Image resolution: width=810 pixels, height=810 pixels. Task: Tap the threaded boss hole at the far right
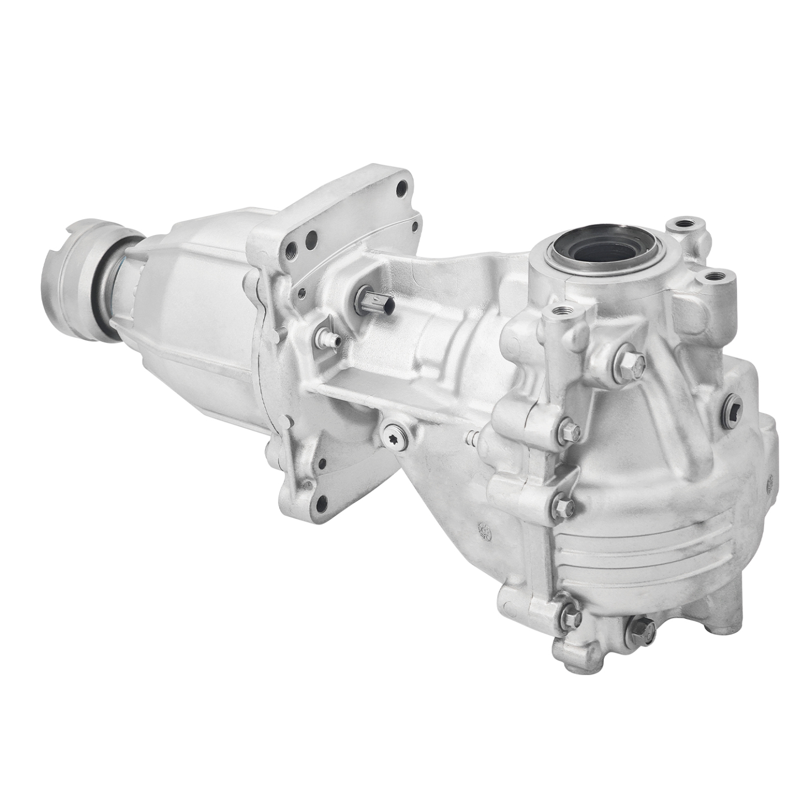click(x=713, y=276)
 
